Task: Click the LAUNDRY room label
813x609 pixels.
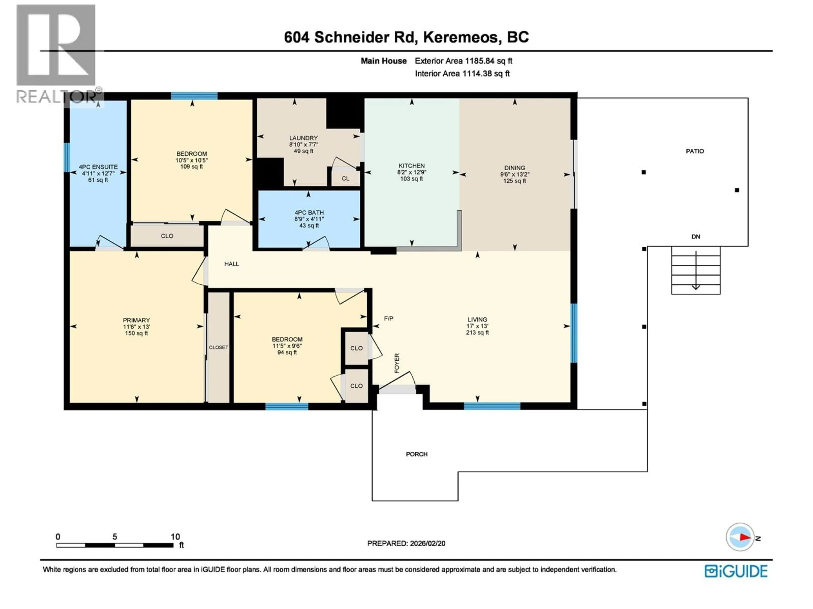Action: pos(303,138)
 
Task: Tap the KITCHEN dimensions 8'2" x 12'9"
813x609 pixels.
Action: pos(411,172)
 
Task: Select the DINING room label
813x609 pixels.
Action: pos(514,168)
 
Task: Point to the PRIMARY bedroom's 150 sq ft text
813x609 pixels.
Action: pos(136,333)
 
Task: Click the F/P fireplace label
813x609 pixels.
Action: pos(389,319)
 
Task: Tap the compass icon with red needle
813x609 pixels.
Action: pos(740,537)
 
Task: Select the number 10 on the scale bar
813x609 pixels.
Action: pos(175,537)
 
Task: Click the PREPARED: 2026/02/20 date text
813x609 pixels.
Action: pos(406,543)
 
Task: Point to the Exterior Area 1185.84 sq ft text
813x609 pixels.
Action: pos(463,61)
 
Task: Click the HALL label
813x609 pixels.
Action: pos(232,264)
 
